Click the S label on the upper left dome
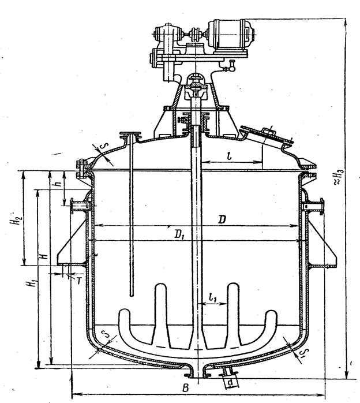[x=104, y=151]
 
